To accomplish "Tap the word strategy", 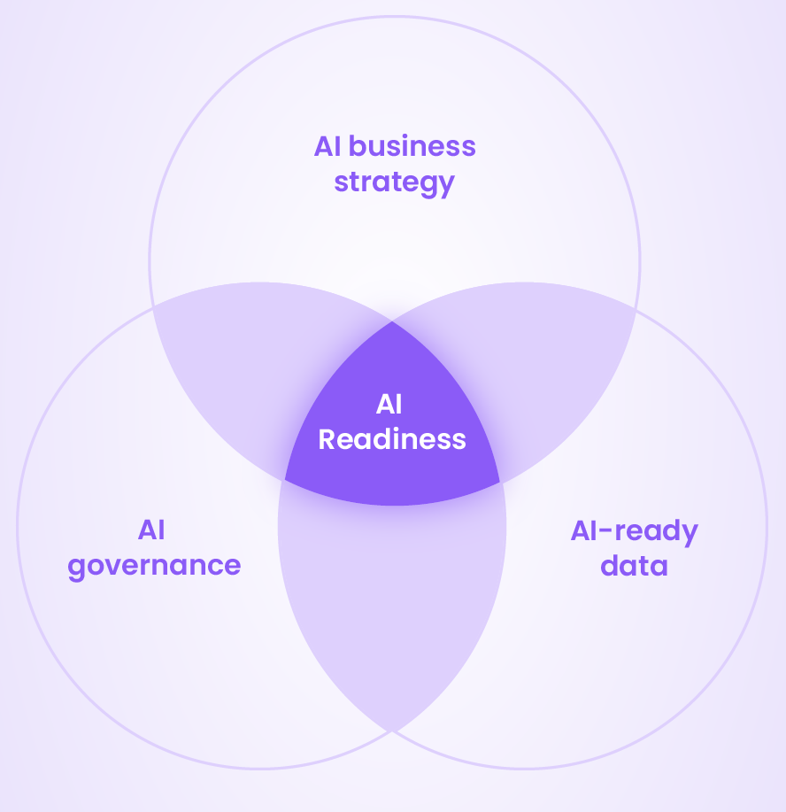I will tap(394, 182).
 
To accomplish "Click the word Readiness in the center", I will tap(392, 439).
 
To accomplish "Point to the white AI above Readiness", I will tap(389, 405).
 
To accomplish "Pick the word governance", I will tap(154, 567).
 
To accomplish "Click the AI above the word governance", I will tap(151, 530).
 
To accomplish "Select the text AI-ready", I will tap(634, 530).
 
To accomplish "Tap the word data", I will tap(634, 566).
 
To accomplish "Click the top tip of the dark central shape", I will tap(393, 322).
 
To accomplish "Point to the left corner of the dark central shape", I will tap(284, 481).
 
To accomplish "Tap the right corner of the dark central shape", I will tap(500, 482).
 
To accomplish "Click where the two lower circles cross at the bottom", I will tap(392, 731).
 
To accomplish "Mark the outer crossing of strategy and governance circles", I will tap(153, 306).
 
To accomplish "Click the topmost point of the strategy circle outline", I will tap(394, 17).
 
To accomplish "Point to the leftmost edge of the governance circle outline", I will tap(18, 526).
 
